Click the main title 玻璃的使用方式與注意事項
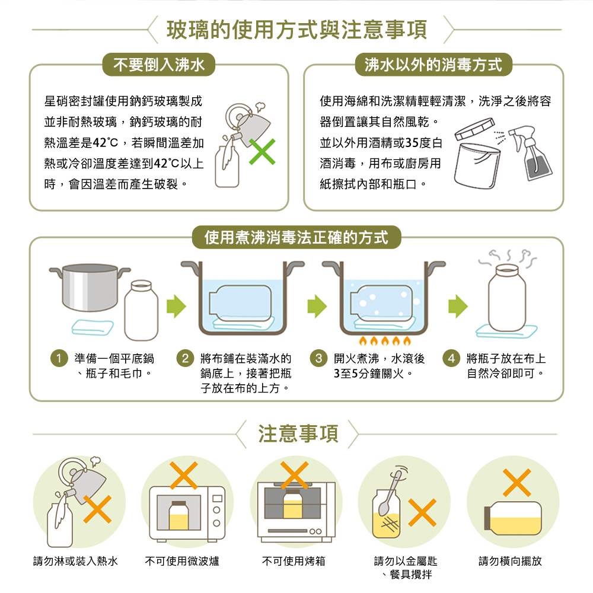coord(296,29)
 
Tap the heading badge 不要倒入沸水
coord(159,65)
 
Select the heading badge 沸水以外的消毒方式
coord(433,65)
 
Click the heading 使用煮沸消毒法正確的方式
coord(296,238)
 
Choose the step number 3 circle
coord(320,359)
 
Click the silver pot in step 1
coord(89,288)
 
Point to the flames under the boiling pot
coord(382,342)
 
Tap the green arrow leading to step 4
coord(457,305)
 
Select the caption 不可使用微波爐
coord(182,560)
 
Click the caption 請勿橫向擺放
coord(511,560)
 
